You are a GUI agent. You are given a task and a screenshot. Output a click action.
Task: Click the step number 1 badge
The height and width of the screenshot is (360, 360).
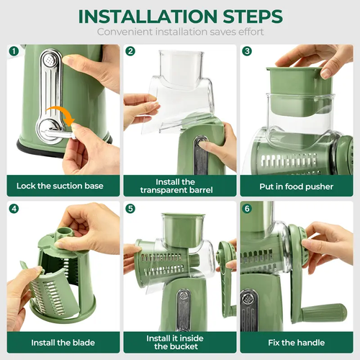click(14, 51)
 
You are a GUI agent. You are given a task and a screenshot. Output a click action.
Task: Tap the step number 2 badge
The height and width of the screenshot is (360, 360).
click(130, 51)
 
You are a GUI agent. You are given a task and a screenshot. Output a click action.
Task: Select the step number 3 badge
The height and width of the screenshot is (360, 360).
click(246, 51)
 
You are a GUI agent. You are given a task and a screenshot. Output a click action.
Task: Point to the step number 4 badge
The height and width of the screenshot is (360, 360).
click(14, 209)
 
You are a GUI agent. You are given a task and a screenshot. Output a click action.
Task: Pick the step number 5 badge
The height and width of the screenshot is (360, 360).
click(130, 209)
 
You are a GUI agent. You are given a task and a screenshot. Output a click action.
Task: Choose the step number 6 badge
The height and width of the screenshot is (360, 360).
click(246, 209)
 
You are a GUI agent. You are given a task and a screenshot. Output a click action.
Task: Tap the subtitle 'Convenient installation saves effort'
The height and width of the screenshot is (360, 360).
click(179, 33)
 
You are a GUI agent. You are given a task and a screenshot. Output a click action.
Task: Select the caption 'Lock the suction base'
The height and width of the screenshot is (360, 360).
click(60, 186)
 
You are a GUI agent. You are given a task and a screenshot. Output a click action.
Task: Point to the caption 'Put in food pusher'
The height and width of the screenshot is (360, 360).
click(297, 186)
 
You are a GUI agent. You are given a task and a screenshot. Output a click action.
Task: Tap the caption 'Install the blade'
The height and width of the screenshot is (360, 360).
click(60, 342)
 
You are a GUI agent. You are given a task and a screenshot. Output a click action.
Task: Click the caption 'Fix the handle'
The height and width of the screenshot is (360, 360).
click(297, 342)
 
